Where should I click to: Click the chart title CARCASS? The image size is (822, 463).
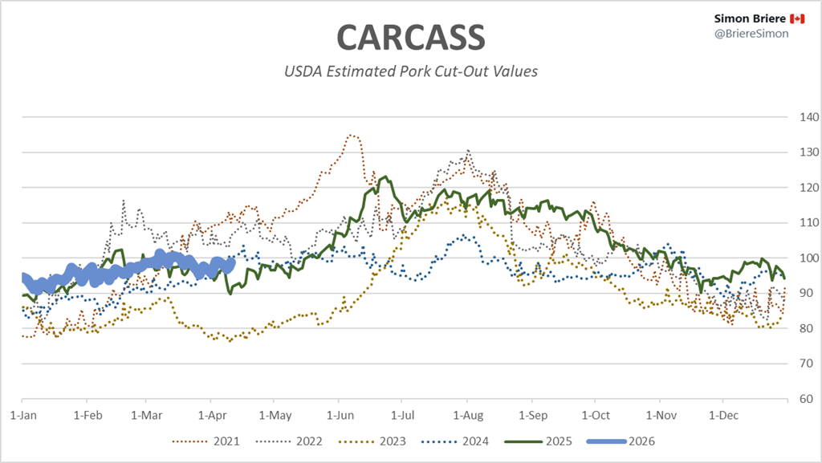point(410,37)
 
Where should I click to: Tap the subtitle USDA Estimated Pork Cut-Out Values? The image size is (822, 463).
point(410,71)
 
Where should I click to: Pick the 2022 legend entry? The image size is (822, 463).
point(296,441)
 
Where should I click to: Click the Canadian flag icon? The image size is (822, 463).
point(775,18)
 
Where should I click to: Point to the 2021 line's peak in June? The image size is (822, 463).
point(352,135)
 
